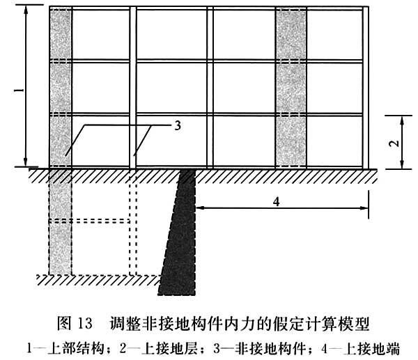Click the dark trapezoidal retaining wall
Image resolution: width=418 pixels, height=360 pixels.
[177, 237]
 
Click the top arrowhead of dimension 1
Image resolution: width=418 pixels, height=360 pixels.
[26, 10]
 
